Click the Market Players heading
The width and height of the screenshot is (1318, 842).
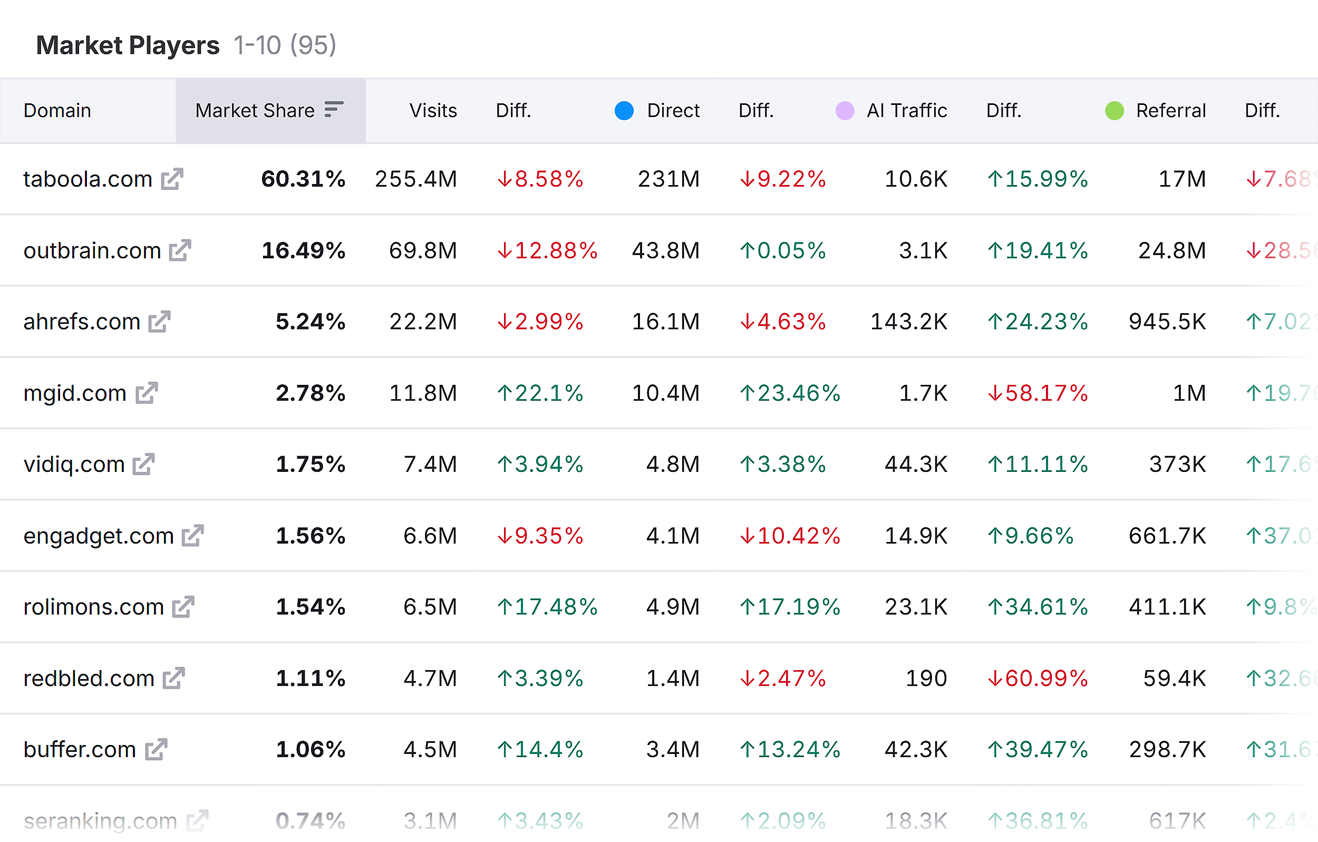[x=128, y=45]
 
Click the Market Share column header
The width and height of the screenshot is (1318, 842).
[x=255, y=111]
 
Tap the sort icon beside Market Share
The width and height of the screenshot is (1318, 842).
[x=333, y=109]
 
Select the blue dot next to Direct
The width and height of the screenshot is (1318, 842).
[x=624, y=111]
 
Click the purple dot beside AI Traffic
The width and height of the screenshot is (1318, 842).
[x=845, y=111]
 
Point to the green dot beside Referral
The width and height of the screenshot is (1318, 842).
[x=1115, y=111]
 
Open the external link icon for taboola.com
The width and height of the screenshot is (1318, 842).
[x=172, y=179]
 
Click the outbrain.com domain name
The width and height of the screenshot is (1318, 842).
[x=92, y=251]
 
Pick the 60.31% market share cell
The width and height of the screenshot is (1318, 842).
[x=303, y=179]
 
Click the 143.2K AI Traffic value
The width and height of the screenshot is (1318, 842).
[x=908, y=322]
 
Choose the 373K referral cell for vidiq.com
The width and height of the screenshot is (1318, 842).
[x=1177, y=464]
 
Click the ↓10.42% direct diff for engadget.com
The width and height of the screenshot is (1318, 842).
[x=789, y=536]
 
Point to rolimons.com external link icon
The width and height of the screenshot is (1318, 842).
[x=183, y=607]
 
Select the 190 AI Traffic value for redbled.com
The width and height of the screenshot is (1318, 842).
[x=926, y=679]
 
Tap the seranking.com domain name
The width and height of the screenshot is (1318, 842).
[x=100, y=821]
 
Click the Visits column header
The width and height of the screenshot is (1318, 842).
[x=433, y=111]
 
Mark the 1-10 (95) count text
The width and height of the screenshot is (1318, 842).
[x=285, y=45]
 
